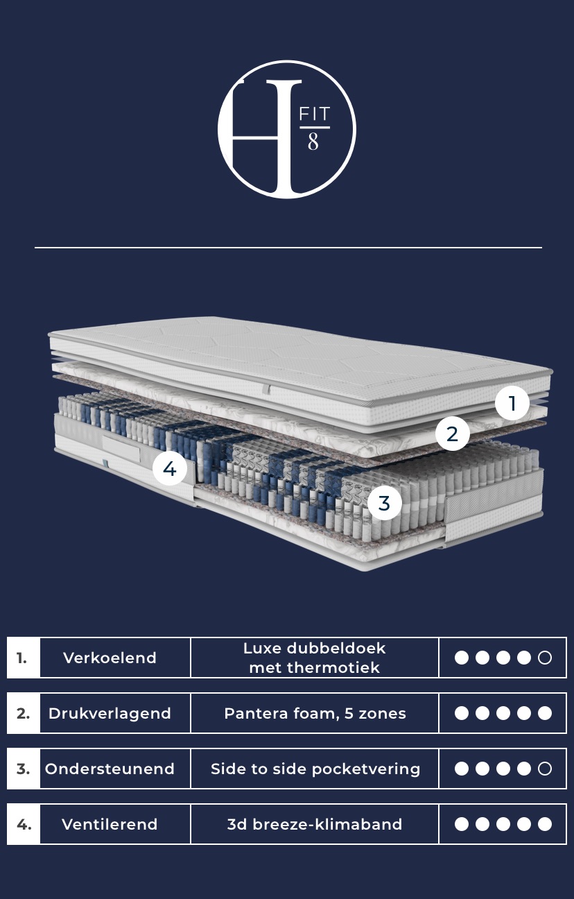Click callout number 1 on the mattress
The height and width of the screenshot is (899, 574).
pyautogui.click(x=512, y=403)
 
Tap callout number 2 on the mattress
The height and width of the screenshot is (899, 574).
pyautogui.click(x=453, y=434)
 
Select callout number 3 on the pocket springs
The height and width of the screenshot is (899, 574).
pyautogui.click(x=384, y=503)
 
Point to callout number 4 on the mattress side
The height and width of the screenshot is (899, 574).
pyautogui.click(x=170, y=468)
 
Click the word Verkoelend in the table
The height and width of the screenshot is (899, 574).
pyautogui.click(x=110, y=658)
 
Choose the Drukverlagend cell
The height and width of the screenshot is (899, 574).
pyautogui.click(x=110, y=713)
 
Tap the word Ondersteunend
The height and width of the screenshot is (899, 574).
pyautogui.click(x=110, y=769)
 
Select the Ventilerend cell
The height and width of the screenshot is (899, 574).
pyautogui.click(x=110, y=824)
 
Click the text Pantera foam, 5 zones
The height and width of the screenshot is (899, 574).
pyautogui.click(x=315, y=714)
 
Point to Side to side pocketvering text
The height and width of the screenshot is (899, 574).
pyautogui.click(x=315, y=769)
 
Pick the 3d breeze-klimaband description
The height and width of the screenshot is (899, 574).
pyautogui.click(x=315, y=824)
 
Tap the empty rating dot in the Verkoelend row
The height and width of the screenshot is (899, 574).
pyautogui.click(x=545, y=658)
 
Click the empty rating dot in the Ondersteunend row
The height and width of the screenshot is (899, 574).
pyautogui.click(x=545, y=769)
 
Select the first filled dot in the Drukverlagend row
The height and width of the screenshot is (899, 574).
pyautogui.click(x=462, y=713)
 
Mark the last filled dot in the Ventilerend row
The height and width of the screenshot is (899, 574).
pyautogui.click(x=545, y=824)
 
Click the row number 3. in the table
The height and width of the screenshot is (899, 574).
pyautogui.click(x=23, y=769)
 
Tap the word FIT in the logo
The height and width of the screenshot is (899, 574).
pyautogui.click(x=315, y=114)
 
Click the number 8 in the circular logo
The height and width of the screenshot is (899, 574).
pyautogui.click(x=313, y=142)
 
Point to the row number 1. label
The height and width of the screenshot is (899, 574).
pyautogui.click(x=22, y=658)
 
